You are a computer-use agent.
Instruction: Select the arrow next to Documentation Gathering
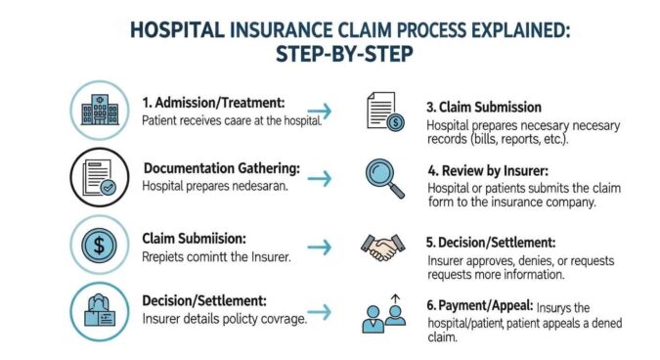tap(318, 178)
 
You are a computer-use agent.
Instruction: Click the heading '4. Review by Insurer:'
tap(495, 168)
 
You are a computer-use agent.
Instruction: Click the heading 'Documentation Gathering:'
tap(222, 167)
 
